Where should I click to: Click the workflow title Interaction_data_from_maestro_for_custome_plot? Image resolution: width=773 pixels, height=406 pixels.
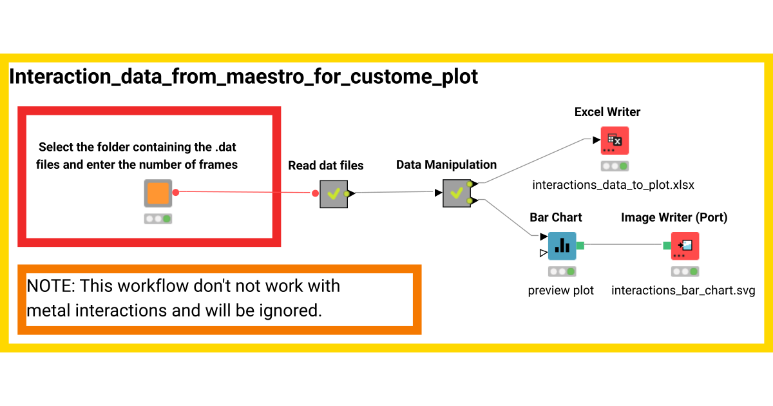pyautogui.click(x=243, y=77)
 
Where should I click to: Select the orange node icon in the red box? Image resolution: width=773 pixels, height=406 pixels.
pyautogui.click(x=158, y=193)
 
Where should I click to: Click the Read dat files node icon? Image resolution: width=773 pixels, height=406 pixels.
pyautogui.click(x=334, y=193)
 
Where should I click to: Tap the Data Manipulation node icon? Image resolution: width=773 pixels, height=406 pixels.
pyautogui.click(x=457, y=193)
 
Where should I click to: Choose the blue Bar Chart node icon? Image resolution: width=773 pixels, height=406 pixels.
pyautogui.click(x=562, y=246)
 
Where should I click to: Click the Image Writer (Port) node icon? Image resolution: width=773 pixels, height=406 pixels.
pyautogui.click(x=685, y=246)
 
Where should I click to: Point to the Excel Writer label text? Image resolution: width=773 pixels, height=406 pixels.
pyautogui.click(x=607, y=112)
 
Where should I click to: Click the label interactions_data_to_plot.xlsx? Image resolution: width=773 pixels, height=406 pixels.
pyautogui.click(x=613, y=186)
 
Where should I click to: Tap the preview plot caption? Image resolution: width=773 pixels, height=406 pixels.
pyautogui.click(x=561, y=291)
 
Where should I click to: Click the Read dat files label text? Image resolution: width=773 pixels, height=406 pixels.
pyautogui.click(x=326, y=166)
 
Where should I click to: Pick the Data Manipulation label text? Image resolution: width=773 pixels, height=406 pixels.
pyautogui.click(x=446, y=165)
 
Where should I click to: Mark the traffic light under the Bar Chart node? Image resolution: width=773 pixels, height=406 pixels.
pyautogui.click(x=562, y=272)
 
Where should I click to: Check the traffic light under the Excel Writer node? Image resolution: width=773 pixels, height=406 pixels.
pyautogui.click(x=614, y=166)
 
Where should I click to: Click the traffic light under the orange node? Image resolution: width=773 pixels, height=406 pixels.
pyautogui.click(x=158, y=219)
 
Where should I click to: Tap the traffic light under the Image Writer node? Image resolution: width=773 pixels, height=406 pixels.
pyautogui.click(x=685, y=272)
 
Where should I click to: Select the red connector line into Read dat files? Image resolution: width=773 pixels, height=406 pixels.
pyautogui.click(x=245, y=192)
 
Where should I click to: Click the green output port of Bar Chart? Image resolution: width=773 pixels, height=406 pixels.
pyautogui.click(x=580, y=245)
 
